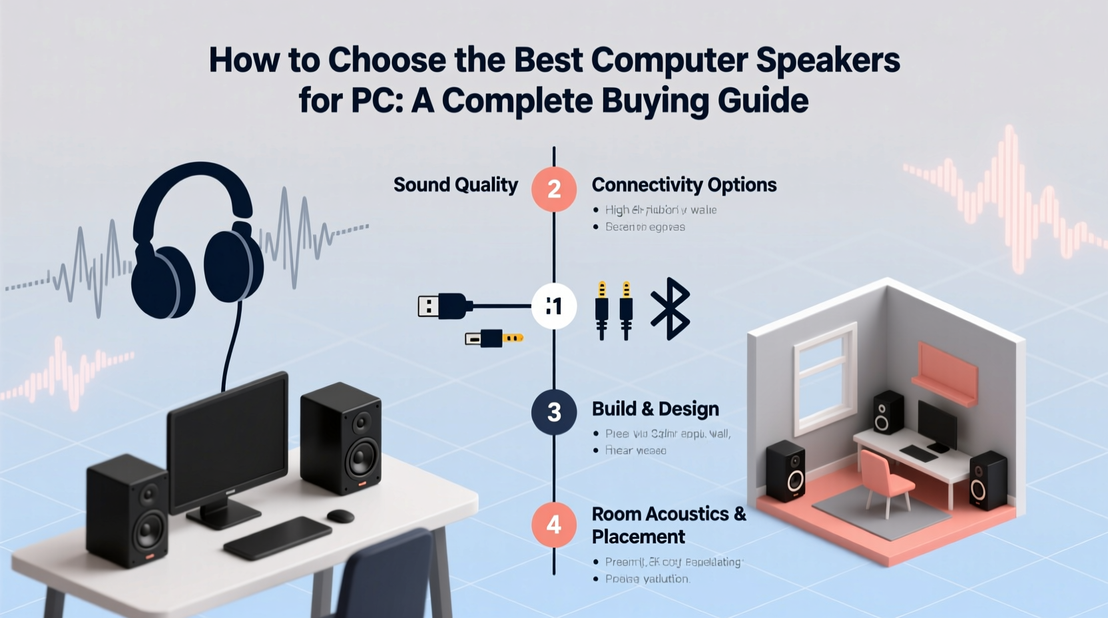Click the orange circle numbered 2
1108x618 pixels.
[x=553, y=189]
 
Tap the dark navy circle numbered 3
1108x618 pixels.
[x=553, y=412]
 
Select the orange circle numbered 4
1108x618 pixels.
[x=553, y=525]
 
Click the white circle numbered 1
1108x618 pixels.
[x=553, y=306]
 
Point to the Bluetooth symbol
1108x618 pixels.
[x=670, y=308]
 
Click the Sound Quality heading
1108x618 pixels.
[x=455, y=184]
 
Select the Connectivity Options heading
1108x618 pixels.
[x=684, y=184]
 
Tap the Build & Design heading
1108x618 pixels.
[x=655, y=409]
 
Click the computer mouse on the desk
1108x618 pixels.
[x=340, y=515]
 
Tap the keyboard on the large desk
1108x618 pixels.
[x=278, y=537]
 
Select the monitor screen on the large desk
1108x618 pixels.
[x=228, y=442]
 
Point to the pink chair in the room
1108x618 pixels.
[x=885, y=477]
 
